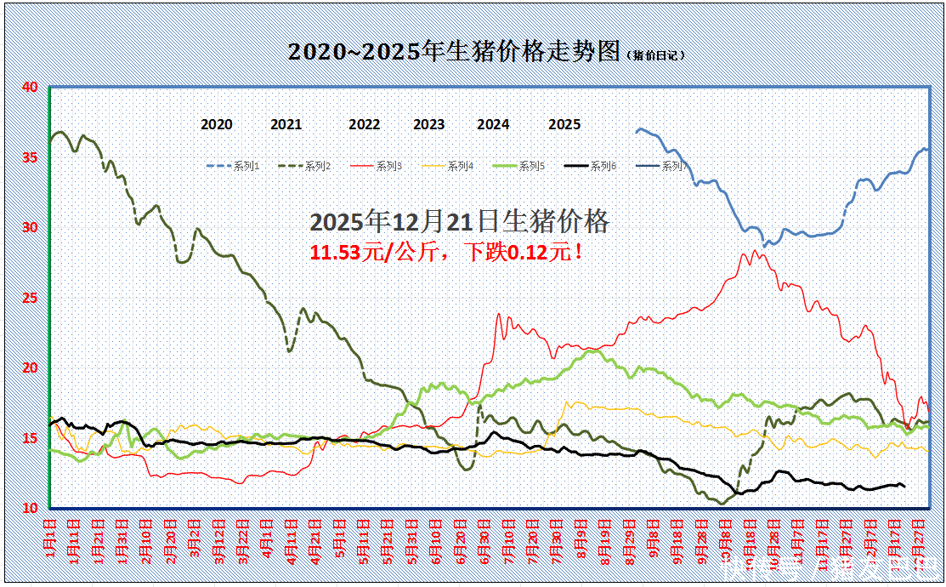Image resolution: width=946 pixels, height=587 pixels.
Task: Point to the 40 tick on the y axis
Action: coord(30,87)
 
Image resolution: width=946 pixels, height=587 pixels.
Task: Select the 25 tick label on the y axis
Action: coord(30,298)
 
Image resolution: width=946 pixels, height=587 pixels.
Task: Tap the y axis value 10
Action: coord(30,508)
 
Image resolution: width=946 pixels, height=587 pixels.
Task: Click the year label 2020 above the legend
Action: coord(217,125)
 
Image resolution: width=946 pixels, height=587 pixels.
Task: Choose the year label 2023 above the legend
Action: coord(428,125)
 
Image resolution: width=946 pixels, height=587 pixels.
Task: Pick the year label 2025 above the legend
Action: coord(564,125)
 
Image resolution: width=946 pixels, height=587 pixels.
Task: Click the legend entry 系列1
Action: coord(246,167)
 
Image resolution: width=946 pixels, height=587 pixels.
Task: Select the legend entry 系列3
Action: coord(388,167)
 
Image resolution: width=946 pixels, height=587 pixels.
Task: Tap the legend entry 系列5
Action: coord(531,167)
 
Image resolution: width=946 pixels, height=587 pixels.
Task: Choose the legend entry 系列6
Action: coord(603,167)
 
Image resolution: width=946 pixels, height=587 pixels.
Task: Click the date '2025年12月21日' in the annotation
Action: coord(391,223)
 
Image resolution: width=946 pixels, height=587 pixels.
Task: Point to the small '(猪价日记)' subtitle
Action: coord(656,55)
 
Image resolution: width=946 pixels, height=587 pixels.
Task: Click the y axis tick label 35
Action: coord(30,157)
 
